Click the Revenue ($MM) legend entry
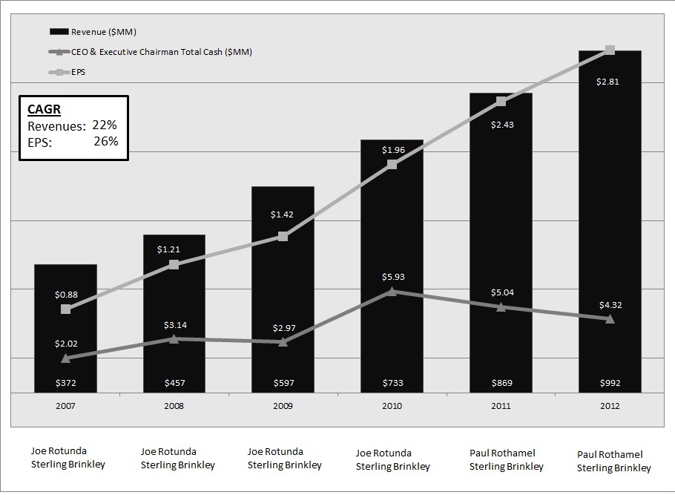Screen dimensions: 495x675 [103, 32]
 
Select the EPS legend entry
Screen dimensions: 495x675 [78, 72]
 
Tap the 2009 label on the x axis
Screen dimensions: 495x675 [283, 406]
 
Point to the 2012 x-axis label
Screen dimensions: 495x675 [610, 406]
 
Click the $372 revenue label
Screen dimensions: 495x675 [66, 383]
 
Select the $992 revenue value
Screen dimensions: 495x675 [610, 383]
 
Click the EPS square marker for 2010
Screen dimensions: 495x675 [392, 164]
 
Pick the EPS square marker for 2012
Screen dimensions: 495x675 [610, 50]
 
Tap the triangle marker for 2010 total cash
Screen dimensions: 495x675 [392, 292]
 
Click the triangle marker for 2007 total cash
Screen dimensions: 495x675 [65, 358]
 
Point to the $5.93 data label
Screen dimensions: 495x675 [393, 277]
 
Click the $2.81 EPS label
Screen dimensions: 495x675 [607, 82]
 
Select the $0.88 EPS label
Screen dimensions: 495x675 [66, 294]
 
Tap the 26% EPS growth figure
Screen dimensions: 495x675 [105, 141]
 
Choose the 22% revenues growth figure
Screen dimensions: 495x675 [105, 125]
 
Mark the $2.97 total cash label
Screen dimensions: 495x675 [284, 327]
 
